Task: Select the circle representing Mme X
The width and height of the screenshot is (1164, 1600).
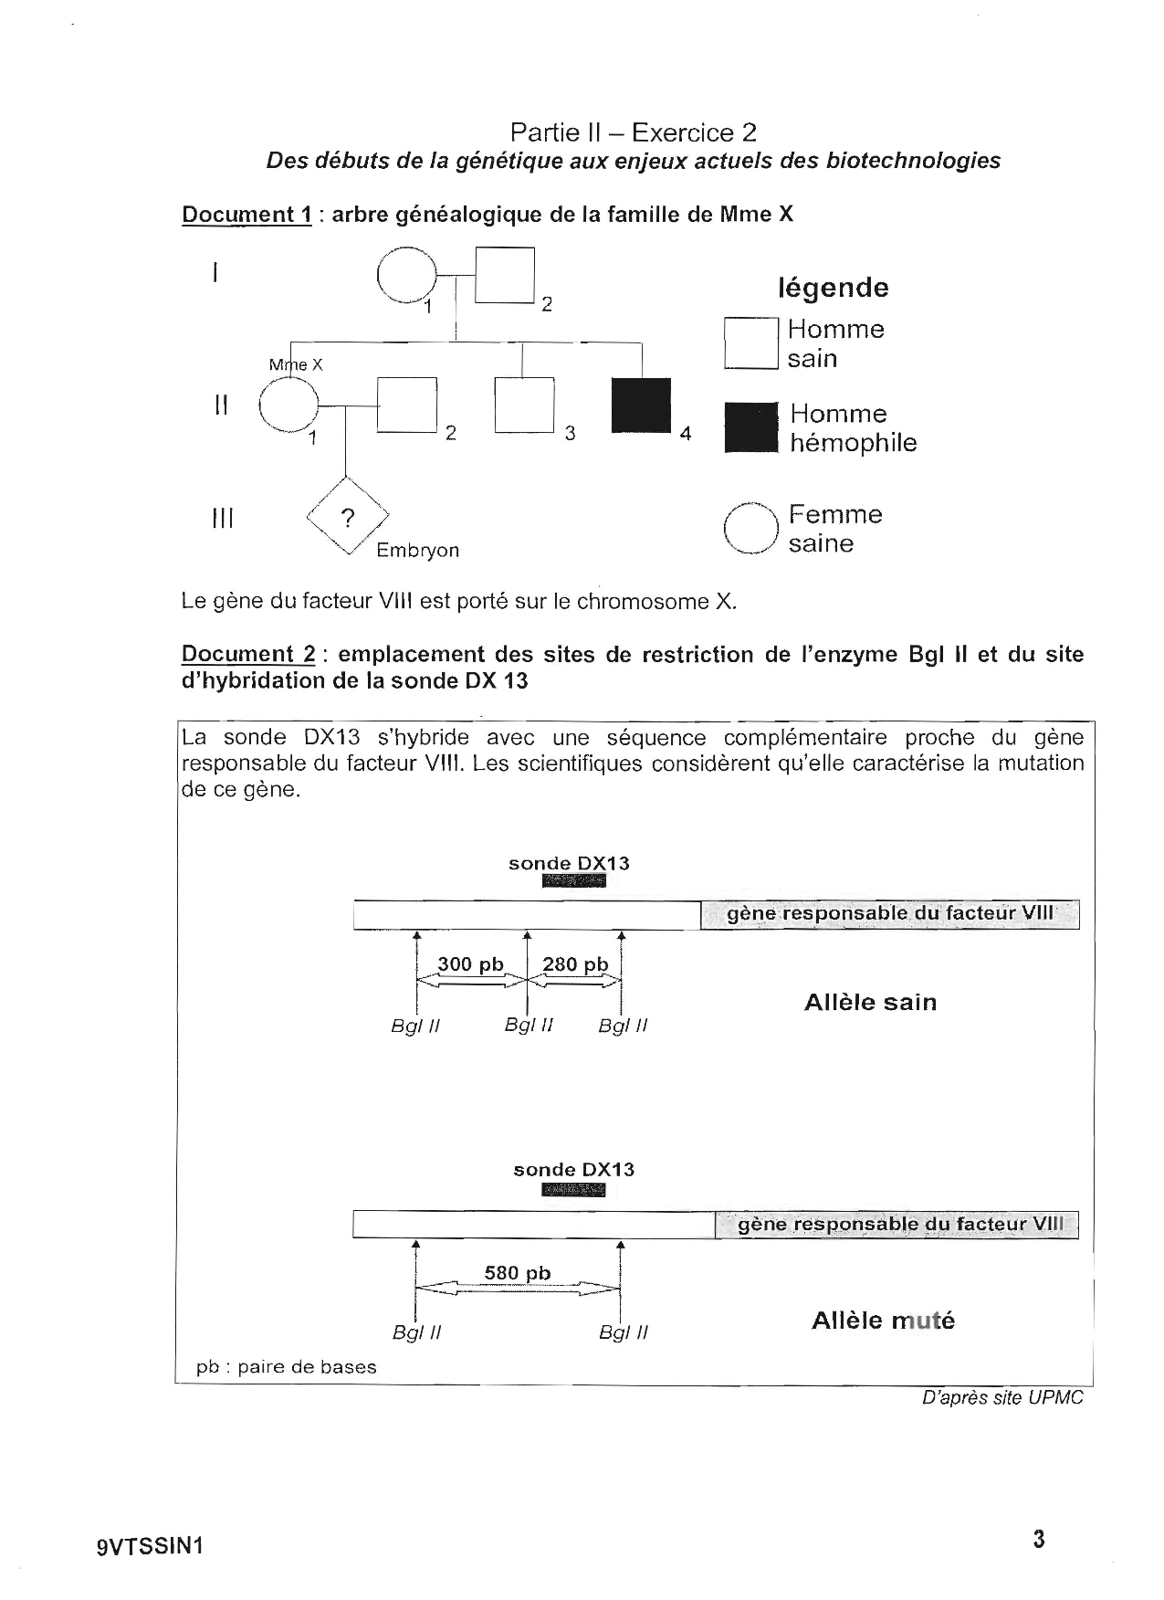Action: (288, 403)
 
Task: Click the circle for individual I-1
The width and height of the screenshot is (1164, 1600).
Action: (407, 276)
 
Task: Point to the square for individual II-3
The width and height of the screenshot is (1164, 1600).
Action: (525, 404)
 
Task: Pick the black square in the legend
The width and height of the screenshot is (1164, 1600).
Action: (750, 428)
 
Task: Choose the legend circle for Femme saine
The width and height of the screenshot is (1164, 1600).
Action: (750, 530)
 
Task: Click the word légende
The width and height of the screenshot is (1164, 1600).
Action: (833, 288)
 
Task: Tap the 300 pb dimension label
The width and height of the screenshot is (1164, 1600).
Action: (470, 964)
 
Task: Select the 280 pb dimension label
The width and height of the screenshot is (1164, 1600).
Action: (575, 964)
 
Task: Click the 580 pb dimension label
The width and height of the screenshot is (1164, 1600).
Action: (518, 1273)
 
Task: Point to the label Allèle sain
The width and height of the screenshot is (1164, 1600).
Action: (870, 1003)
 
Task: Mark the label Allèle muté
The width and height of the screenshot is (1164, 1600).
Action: (883, 1321)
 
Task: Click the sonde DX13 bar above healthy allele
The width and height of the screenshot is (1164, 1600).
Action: (573, 881)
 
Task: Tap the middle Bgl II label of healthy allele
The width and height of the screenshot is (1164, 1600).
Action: (530, 1026)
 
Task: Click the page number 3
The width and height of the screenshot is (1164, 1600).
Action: (1039, 1540)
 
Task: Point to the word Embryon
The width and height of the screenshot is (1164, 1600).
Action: (418, 551)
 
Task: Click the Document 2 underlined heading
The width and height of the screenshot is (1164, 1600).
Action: (248, 655)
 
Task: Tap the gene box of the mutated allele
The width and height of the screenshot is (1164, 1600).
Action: (896, 1225)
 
